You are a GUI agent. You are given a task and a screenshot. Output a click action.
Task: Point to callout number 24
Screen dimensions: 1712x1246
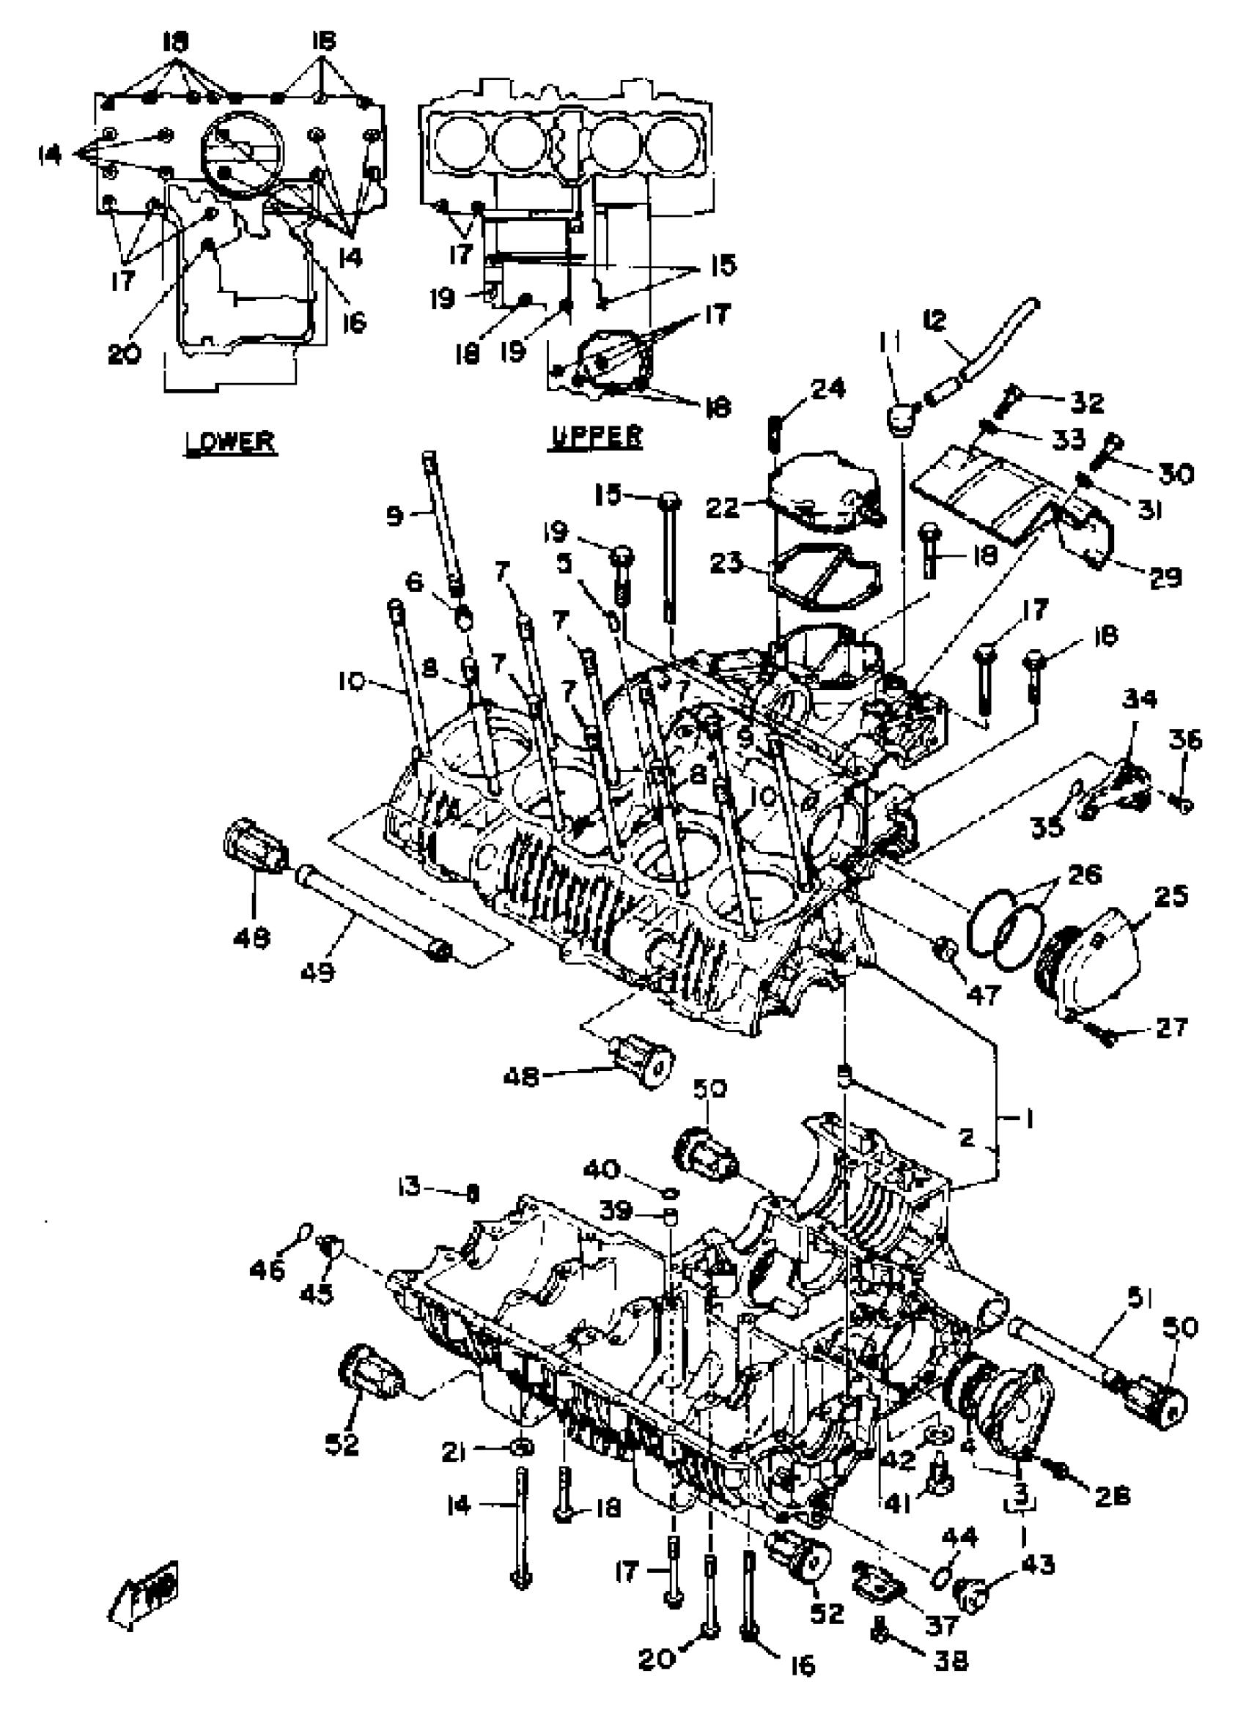827,390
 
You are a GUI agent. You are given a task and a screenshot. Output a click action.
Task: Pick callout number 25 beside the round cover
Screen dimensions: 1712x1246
1171,896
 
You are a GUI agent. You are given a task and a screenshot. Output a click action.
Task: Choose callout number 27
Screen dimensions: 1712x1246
1171,1026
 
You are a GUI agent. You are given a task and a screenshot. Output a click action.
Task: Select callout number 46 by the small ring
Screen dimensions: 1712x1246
267,1270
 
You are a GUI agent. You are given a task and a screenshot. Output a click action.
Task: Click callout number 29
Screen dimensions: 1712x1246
1164,577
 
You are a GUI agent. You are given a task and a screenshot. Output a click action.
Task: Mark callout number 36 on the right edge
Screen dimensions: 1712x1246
1184,740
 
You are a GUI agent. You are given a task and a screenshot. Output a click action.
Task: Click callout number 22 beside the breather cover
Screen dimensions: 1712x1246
723,507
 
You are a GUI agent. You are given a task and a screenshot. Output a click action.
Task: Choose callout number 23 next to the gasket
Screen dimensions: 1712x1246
726,563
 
